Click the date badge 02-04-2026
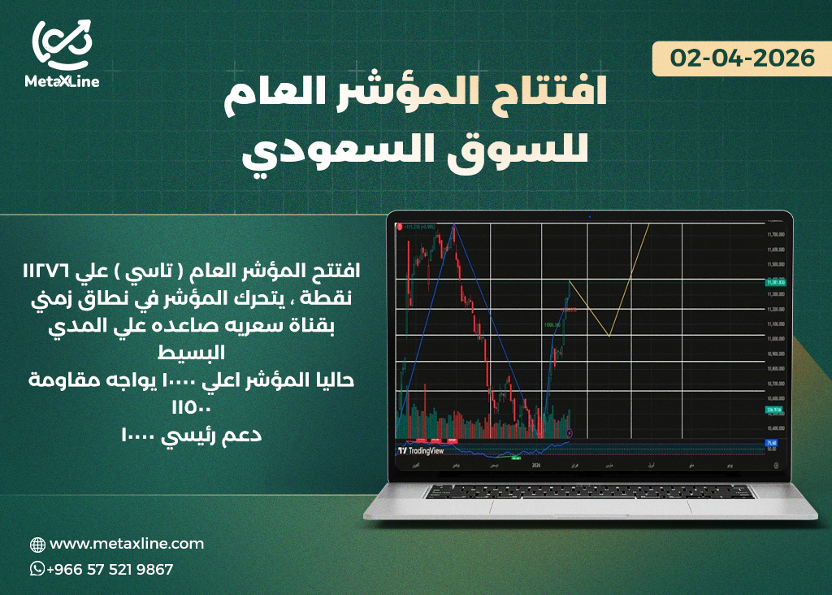pos(743,59)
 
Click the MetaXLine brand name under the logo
pos(63,82)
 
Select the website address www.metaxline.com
pos(127,544)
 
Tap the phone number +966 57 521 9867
pos(110,569)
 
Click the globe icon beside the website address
pos(37,545)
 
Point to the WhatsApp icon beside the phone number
pos(37,569)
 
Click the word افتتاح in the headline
pos(541,95)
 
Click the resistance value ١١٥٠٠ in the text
pos(191,406)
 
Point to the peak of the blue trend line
pos(453,224)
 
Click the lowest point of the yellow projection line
pos(609,335)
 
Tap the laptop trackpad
pos(589,506)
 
